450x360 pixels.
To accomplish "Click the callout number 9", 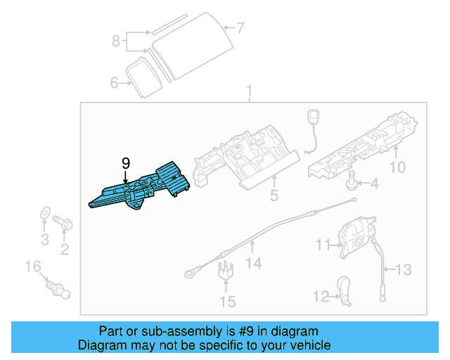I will pos(126,163).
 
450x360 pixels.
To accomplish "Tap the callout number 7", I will pos(240,29).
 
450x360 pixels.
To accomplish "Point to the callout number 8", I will pos(116,41).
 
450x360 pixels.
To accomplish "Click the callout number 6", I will pos(115,83).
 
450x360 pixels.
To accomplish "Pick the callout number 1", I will pos(248,91).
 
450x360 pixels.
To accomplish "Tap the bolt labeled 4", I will pos(350,182).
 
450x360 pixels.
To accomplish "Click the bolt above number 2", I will pos(65,223).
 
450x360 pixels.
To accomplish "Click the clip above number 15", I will pos(226,271).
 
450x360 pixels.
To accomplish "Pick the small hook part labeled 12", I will pos(345,292).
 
